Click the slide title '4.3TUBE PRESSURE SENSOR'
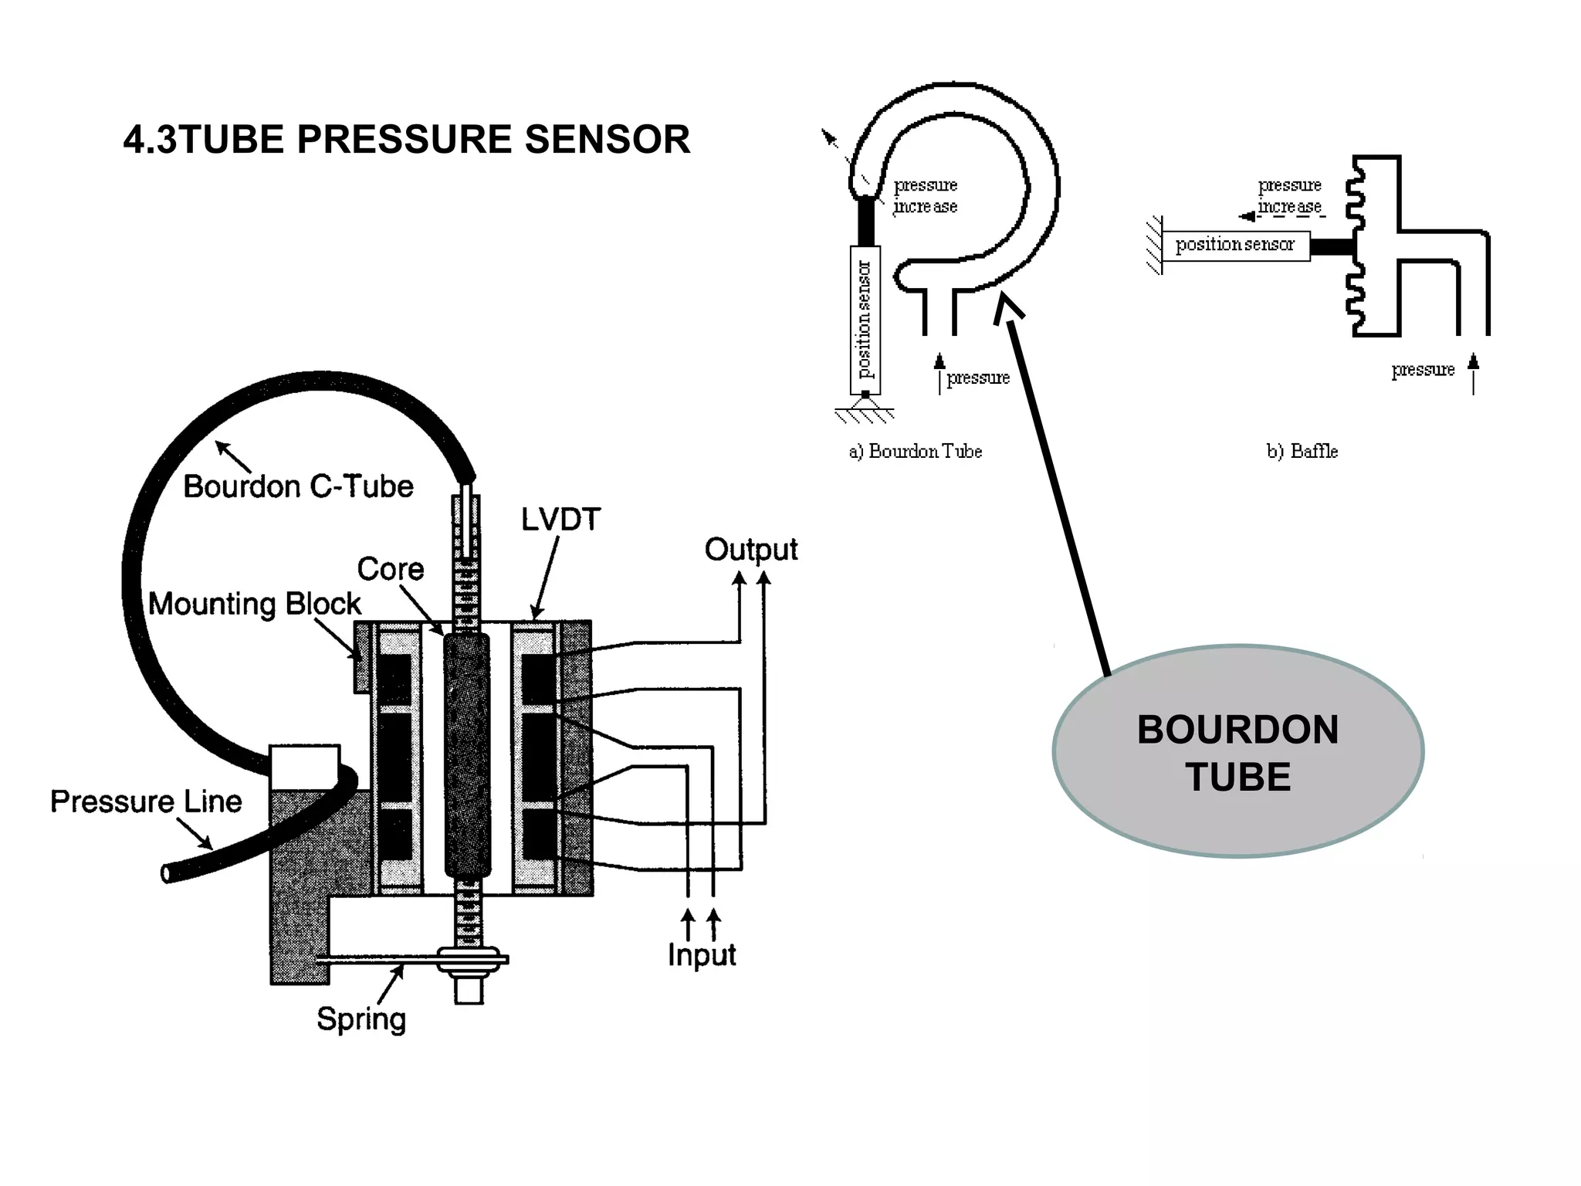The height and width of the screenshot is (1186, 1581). pyautogui.click(x=407, y=140)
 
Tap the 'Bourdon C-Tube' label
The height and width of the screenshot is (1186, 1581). pyautogui.click(x=298, y=486)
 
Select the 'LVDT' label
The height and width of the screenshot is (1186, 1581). pyautogui.click(x=560, y=519)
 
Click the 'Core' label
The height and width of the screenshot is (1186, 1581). pyautogui.click(x=390, y=569)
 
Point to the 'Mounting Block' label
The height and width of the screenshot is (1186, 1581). pyautogui.click(x=254, y=603)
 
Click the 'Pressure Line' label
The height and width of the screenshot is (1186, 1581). pyautogui.click(x=146, y=801)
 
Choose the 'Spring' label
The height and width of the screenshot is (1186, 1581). pyautogui.click(x=361, y=1018)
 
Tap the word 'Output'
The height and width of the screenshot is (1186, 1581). pyautogui.click(x=750, y=550)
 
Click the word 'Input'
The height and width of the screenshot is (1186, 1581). pyautogui.click(x=701, y=955)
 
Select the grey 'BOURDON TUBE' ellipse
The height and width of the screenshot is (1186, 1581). pyautogui.click(x=1237, y=752)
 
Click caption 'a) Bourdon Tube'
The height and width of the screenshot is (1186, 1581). pyautogui.click(x=916, y=451)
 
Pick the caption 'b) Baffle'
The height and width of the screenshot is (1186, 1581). pyautogui.click(x=1302, y=451)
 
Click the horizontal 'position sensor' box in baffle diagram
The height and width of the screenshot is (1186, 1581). pyautogui.click(x=1235, y=246)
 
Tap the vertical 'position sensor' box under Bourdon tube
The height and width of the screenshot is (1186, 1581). pyautogui.click(x=865, y=320)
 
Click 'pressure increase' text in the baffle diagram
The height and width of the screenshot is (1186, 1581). pyautogui.click(x=1289, y=196)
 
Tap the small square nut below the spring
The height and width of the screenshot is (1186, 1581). pyautogui.click(x=469, y=990)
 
